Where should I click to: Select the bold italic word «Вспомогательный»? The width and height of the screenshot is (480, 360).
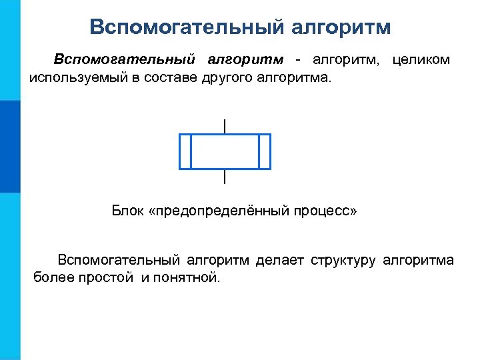click(125, 60)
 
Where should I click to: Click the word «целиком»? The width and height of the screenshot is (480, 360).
click(421, 60)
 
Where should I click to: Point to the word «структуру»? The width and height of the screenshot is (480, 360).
click(343, 259)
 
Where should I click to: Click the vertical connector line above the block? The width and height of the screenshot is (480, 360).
click(225, 125)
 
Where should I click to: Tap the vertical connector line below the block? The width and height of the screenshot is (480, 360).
click(225, 177)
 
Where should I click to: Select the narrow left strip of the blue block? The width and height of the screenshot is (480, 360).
click(185, 151)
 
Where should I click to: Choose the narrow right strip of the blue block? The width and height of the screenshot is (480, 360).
click(264, 151)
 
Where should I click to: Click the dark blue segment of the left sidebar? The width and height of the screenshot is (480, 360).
click(10, 147)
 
